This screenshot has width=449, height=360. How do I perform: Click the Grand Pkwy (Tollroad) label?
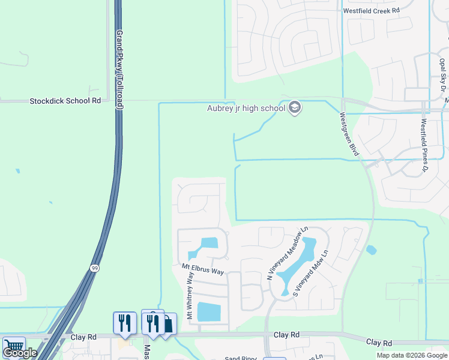pyautogui.click(x=120, y=69)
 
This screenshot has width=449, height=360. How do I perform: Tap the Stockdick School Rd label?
pyautogui.click(x=65, y=101)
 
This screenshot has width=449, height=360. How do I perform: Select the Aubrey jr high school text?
pyautogui.click(x=246, y=109)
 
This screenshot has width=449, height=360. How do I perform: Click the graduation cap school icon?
pyautogui.click(x=295, y=108)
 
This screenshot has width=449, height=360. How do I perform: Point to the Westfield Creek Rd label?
pyautogui.click(x=371, y=11)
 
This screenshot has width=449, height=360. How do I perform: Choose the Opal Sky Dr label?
pyautogui.click(x=442, y=74)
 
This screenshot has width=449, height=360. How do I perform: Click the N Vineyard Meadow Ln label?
pyautogui.click(x=287, y=253)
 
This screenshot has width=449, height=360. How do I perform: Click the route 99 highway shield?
pyautogui.click(x=95, y=268)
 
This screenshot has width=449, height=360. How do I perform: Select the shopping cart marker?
pyautogui.click(x=13, y=346)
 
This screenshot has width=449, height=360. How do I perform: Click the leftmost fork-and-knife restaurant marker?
pyautogui.click(x=124, y=322)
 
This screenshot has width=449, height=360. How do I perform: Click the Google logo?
pyautogui.click(x=19, y=353)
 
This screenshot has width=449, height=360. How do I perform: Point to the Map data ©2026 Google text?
pyautogui.click(x=411, y=355)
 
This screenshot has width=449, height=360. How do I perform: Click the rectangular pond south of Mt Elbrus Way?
pyautogui.click(x=209, y=312)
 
